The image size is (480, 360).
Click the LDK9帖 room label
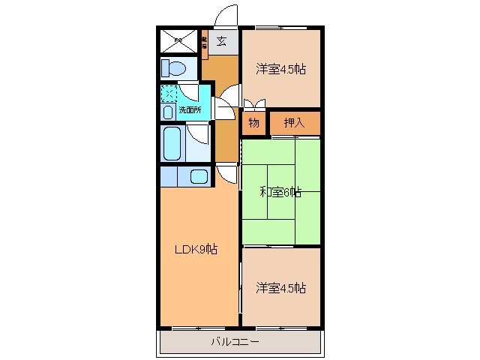point(197,250)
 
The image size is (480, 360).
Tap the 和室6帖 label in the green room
point(280,192)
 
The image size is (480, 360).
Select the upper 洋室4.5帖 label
point(281,70)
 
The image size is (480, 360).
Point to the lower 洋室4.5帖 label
point(281,287)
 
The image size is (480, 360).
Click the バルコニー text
point(235,342)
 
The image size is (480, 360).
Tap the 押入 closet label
point(294,122)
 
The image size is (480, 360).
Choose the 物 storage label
point(254,122)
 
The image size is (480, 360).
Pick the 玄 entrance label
point(221,42)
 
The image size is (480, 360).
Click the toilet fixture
point(173,69)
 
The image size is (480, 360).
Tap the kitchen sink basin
point(199,177)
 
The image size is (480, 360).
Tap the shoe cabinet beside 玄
point(205,43)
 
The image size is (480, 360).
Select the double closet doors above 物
point(253,104)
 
